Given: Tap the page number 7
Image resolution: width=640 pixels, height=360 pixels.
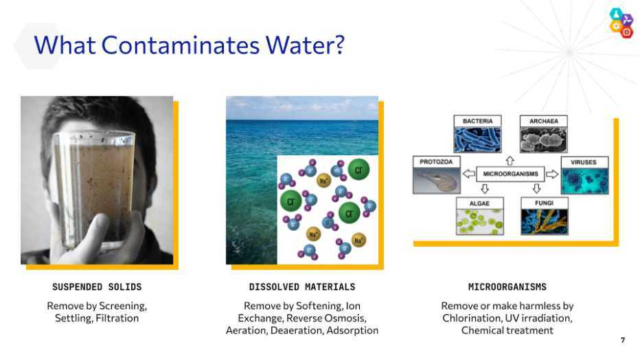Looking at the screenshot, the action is [x=622, y=340].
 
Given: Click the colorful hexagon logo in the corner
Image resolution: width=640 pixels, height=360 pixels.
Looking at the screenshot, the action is [x=621, y=23].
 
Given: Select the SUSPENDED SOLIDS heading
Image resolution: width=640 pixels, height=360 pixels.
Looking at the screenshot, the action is [x=97, y=287].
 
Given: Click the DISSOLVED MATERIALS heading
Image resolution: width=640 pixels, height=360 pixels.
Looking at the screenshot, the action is [x=302, y=287].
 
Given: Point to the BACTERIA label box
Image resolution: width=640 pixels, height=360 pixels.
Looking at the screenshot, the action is [x=477, y=121].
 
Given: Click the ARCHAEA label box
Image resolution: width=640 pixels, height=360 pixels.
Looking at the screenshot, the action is [x=544, y=121].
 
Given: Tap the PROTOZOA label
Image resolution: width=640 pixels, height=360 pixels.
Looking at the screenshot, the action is [x=436, y=161].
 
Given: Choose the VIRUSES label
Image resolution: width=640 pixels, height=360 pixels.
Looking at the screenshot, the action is [x=584, y=162].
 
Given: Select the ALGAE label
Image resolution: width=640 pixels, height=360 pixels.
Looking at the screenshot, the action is [x=479, y=203].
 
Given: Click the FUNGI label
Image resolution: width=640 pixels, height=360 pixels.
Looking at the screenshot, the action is [x=544, y=203].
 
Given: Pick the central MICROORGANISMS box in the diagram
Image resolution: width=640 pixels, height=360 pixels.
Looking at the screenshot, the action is [x=510, y=174].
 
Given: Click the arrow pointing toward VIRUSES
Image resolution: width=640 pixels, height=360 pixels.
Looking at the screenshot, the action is [x=552, y=175].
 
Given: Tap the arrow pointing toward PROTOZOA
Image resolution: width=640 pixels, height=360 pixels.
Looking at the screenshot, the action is [x=468, y=174].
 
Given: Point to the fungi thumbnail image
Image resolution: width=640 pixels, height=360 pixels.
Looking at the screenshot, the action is [x=544, y=222].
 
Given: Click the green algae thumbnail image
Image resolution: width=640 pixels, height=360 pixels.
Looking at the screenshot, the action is [x=479, y=222].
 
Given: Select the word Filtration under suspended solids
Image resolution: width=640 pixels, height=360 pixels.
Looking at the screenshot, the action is [x=117, y=318].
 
